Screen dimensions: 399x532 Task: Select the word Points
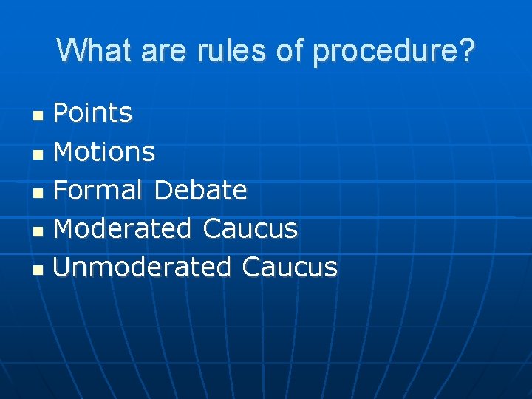(x=93, y=113)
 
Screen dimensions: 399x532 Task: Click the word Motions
(x=104, y=151)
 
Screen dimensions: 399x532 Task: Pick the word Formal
(x=98, y=190)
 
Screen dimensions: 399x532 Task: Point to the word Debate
(x=200, y=190)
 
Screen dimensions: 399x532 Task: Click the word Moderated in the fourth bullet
(x=123, y=228)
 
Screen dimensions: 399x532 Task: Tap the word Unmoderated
(x=143, y=267)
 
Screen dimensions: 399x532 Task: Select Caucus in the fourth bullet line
(x=250, y=228)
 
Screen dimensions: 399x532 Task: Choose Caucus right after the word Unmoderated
(x=289, y=267)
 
